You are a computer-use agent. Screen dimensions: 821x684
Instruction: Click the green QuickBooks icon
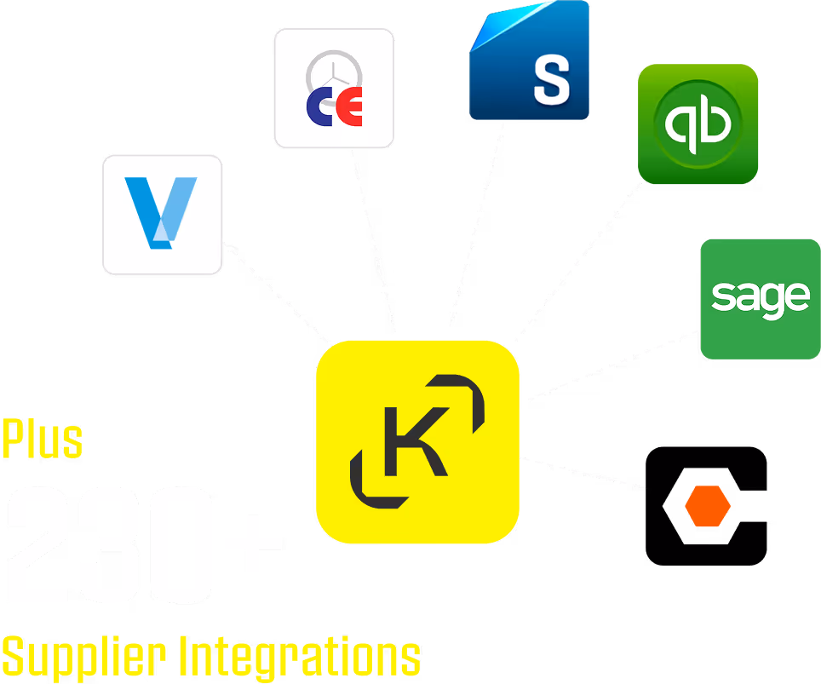pos(698,124)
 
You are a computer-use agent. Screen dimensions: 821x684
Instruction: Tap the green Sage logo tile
pos(760,299)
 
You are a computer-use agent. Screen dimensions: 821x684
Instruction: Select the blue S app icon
pos(529,61)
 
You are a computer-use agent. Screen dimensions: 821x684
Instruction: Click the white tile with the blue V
pos(162,215)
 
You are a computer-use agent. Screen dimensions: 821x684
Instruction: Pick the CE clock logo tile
pos(334,89)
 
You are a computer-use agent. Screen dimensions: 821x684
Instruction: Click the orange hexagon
pos(708,507)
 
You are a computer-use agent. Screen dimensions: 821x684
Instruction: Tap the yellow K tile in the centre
pos(417,441)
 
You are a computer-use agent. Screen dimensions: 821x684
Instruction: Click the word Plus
pos(42,439)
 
